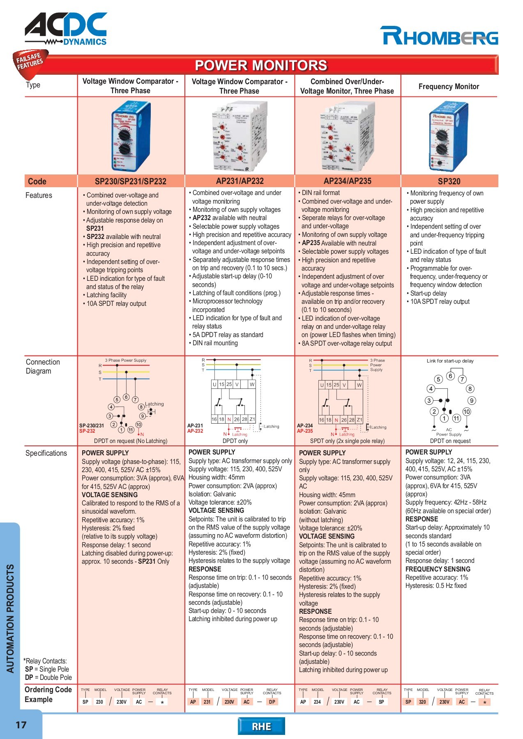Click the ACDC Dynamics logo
click(x=66, y=29)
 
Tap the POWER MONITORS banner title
click(x=261, y=65)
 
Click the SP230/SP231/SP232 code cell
click(x=131, y=181)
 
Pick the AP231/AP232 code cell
click(x=240, y=181)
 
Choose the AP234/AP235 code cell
click(x=347, y=181)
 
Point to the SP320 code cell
click(x=449, y=181)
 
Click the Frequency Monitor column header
click(x=449, y=87)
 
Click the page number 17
click(x=21, y=725)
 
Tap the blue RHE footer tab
click(x=261, y=726)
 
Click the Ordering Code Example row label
click(x=48, y=694)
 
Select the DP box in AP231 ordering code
click(x=272, y=702)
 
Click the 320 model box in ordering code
click(x=423, y=702)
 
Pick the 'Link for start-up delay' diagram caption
click(x=450, y=361)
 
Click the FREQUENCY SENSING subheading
click(x=438, y=569)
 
